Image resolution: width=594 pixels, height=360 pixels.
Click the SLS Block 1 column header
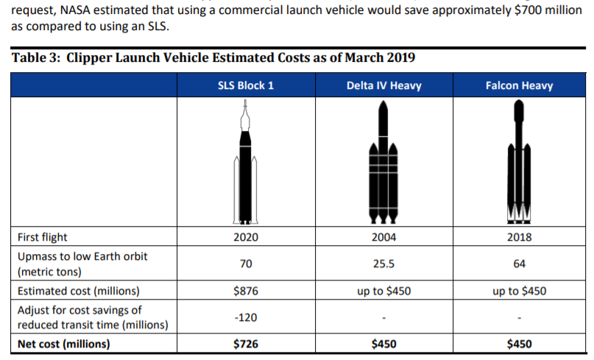[x=246, y=85]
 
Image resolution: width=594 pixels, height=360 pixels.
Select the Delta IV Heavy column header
[x=383, y=85]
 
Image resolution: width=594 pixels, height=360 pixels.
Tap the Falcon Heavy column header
[x=519, y=85]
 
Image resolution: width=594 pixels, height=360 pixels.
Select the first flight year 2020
[x=245, y=237]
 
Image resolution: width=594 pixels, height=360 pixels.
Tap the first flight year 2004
[x=383, y=237]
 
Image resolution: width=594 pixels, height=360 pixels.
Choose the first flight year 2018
[x=519, y=237]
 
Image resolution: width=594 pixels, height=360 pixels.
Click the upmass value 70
[x=245, y=264]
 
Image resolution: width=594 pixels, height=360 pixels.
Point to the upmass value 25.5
[x=383, y=264]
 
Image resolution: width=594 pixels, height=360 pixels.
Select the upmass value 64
[x=519, y=264]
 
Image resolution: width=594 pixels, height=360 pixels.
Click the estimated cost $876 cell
[x=245, y=291]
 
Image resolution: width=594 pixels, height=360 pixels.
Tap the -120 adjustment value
[x=245, y=317]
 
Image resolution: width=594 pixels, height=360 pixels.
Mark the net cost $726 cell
[x=245, y=344]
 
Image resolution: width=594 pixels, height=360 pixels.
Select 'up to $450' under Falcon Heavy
[x=519, y=291]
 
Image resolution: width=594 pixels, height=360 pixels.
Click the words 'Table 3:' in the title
[x=36, y=58]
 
